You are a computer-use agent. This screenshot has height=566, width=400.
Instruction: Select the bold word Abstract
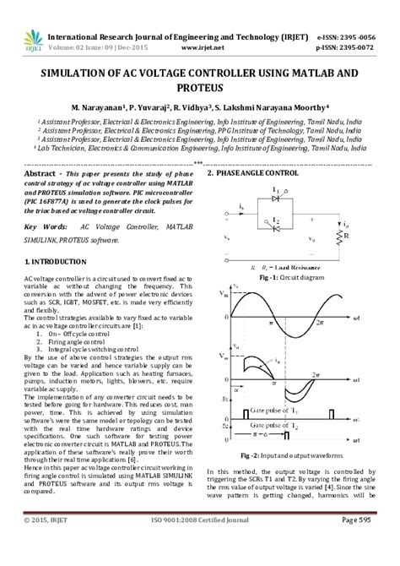[40, 172]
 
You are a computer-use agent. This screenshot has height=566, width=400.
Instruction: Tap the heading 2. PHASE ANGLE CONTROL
[255, 172]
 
